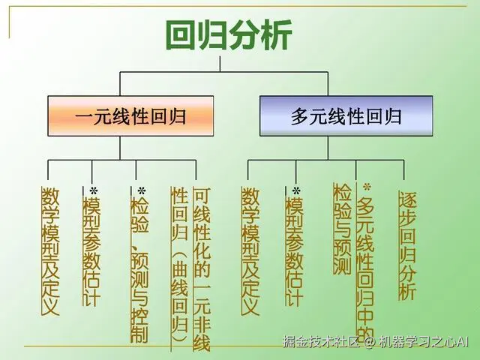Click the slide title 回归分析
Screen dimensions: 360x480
228,34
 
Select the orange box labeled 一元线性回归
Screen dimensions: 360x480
130,116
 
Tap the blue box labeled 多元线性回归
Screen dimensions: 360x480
346,116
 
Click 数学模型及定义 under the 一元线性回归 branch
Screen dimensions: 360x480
50,251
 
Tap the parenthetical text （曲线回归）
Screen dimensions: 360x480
179,300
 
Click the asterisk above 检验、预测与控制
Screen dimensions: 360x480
141,191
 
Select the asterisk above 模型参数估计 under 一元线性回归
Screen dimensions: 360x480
94,191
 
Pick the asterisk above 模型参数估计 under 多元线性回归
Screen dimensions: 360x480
295,191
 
